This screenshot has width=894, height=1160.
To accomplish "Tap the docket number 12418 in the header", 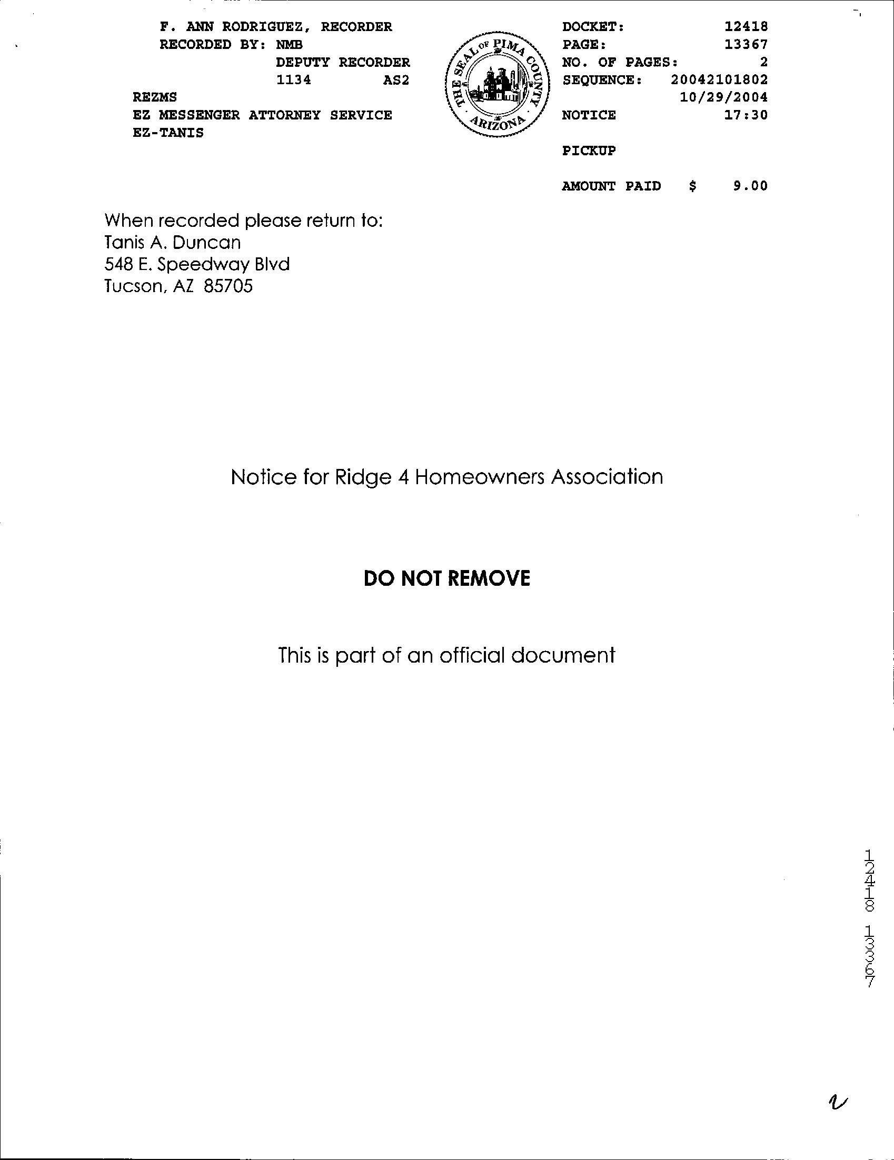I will (x=747, y=26).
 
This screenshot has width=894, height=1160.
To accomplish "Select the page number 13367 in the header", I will (x=747, y=45).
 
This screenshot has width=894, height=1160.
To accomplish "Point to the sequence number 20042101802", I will (x=719, y=80).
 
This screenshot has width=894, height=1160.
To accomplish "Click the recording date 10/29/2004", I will (x=723, y=98).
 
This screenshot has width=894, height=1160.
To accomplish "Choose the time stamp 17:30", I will (x=747, y=115).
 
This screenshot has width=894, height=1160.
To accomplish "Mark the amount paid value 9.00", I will (x=751, y=186).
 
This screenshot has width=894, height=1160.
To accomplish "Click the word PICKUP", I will (x=589, y=151).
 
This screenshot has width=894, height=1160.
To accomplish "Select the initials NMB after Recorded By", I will (x=290, y=45).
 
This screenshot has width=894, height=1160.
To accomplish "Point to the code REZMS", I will (x=155, y=98).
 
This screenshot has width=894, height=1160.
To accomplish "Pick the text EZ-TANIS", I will (x=168, y=133).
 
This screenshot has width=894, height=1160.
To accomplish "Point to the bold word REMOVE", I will (x=492, y=578).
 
